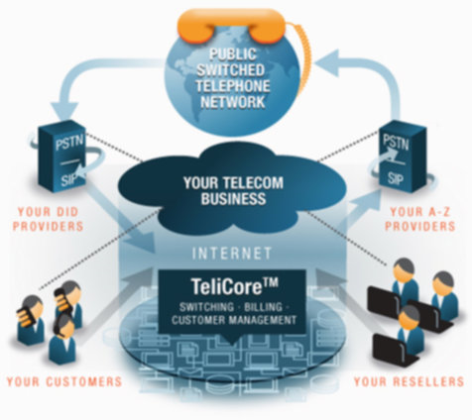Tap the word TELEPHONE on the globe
pyautogui.click(x=233, y=85)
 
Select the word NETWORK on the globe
pyautogui.click(x=233, y=101)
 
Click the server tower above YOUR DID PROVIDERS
pyautogui.click(x=61, y=157)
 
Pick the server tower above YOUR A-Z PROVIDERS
pyautogui.click(x=402, y=157)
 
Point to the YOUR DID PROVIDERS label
pyautogui.click(x=48, y=219)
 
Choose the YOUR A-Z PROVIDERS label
pyautogui.click(x=420, y=219)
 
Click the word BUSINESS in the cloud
pyautogui.click(x=233, y=199)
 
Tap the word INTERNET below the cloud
pyautogui.click(x=232, y=254)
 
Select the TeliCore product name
pyautogui.click(x=234, y=286)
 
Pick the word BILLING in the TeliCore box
pyautogui.click(x=263, y=307)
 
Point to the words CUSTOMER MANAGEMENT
pyautogui.click(x=234, y=320)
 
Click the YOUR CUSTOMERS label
pyautogui.click(x=64, y=381)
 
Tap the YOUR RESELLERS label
pyautogui.click(x=409, y=381)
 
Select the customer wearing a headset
pyautogui.click(x=63, y=339)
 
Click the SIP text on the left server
pyautogui.click(x=68, y=180)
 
